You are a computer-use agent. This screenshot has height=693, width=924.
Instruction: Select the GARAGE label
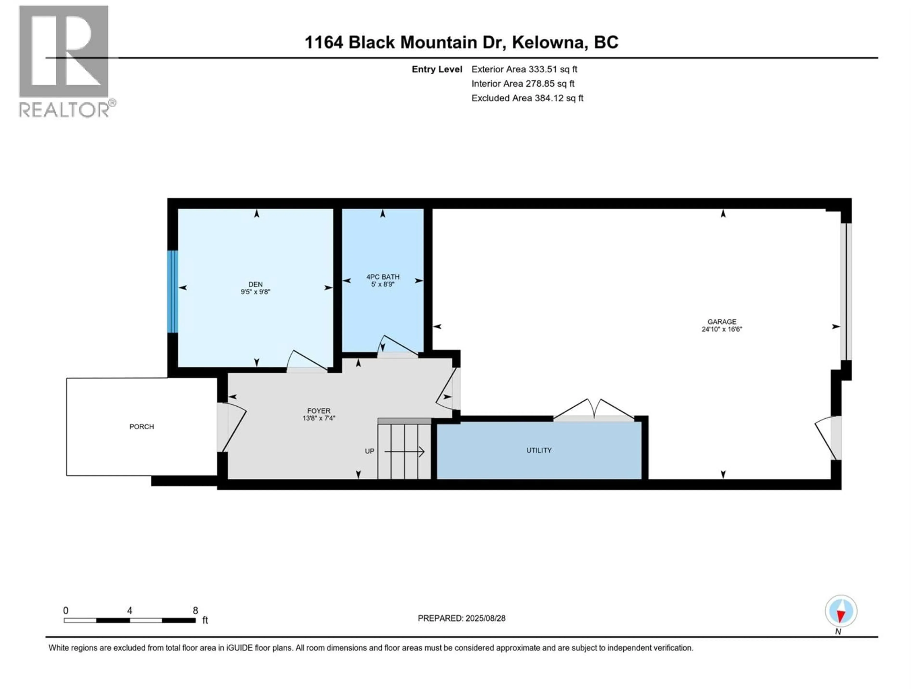point(721,322)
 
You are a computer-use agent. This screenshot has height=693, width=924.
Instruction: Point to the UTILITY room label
point(539,450)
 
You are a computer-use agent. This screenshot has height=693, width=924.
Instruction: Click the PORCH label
point(141,426)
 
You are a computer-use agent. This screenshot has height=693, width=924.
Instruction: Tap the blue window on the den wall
point(173,292)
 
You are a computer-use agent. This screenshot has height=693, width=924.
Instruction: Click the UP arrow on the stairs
point(404,452)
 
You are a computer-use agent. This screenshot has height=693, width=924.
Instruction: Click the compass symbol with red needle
point(841,611)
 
